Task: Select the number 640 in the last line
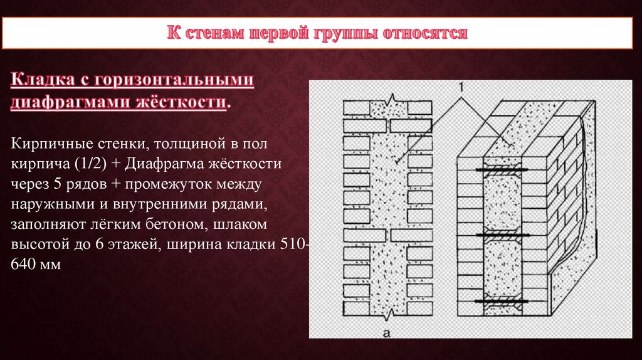coord(24,265)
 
